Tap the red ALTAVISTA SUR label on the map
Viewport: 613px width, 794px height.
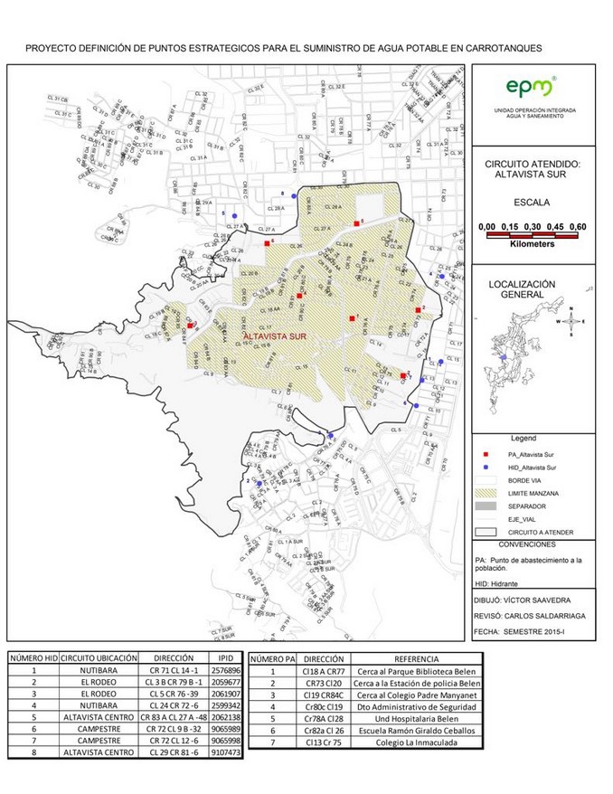pyautogui.click(x=274, y=336)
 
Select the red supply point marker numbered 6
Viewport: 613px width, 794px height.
pyautogui.click(x=267, y=243)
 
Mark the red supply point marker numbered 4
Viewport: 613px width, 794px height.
pyautogui.click(x=299, y=295)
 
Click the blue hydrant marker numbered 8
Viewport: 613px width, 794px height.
pyautogui.click(x=293, y=195)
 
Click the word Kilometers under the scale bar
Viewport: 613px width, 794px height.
pyautogui.click(x=532, y=243)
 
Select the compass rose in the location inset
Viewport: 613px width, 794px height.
pyautogui.click(x=571, y=321)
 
